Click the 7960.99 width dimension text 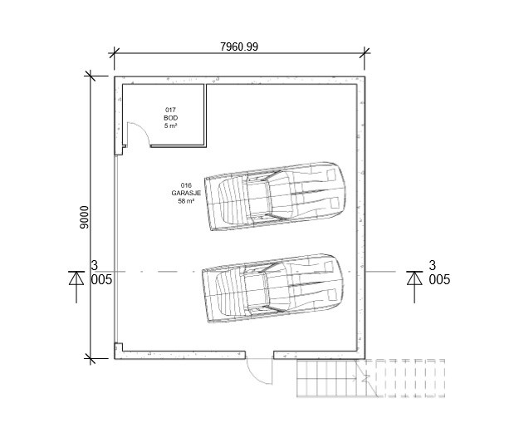(239, 47)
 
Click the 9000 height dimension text (85, 217)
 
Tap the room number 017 (170, 110)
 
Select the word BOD (170, 118)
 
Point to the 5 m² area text (170, 125)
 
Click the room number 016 (186, 185)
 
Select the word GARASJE (186, 193)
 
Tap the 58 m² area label (186, 201)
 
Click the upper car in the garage (275, 196)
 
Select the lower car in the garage (272, 288)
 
